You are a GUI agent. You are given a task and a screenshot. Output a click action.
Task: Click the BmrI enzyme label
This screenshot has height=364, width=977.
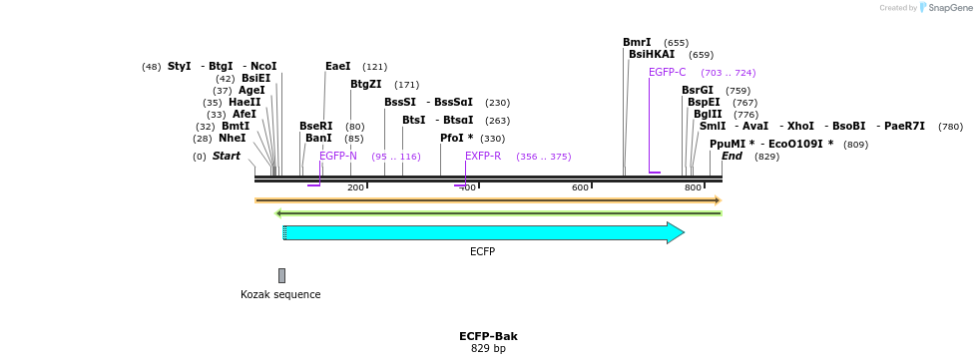(637, 43)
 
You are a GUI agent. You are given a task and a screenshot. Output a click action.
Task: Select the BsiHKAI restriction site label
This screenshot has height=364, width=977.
(651, 55)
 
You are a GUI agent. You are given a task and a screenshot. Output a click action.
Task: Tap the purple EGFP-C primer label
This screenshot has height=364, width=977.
(667, 73)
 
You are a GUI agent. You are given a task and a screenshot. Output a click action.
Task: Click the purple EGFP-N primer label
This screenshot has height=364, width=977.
(337, 157)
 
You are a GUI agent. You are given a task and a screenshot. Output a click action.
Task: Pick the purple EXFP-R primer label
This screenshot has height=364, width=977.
(483, 157)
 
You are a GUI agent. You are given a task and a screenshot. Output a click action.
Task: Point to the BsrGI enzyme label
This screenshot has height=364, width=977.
(697, 91)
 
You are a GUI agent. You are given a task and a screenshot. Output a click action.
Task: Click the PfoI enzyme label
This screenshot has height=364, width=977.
(456, 139)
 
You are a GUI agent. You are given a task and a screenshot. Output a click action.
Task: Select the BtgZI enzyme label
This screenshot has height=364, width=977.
(365, 85)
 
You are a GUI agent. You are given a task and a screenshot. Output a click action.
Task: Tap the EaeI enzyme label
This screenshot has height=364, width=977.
(337, 67)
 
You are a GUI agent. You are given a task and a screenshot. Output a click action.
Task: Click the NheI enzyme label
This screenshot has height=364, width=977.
(232, 139)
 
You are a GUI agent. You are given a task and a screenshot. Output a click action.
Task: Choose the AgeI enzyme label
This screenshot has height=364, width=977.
(251, 91)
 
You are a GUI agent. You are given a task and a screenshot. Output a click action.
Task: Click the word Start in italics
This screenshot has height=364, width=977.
(226, 157)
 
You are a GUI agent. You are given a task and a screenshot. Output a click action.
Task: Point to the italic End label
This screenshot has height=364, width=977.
(732, 157)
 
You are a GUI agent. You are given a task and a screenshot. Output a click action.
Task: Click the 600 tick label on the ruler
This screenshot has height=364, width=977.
(580, 187)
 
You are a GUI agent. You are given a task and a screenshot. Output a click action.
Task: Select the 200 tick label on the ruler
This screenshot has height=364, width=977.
(355, 187)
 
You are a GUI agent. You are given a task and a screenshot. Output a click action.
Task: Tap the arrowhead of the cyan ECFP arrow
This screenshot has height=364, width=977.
(676, 233)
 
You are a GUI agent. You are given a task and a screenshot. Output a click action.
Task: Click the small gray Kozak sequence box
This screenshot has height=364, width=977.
(281, 275)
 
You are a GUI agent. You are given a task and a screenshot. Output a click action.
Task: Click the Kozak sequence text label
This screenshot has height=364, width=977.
(280, 295)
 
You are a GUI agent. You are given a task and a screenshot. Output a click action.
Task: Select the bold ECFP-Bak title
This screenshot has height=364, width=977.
(488, 336)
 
